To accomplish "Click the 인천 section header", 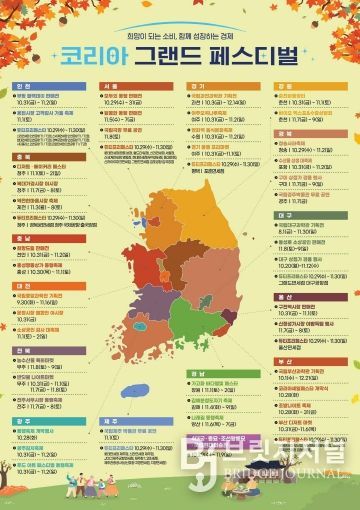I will coord(26,87).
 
